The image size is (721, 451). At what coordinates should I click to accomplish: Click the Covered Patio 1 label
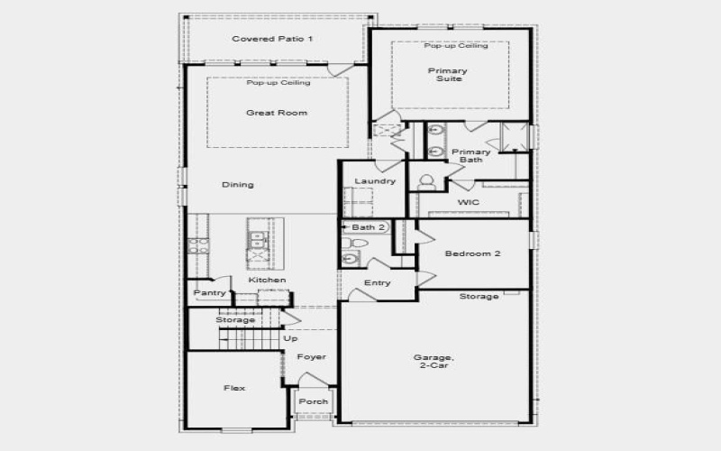coord(272,39)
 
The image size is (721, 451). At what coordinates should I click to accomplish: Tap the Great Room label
coord(277,113)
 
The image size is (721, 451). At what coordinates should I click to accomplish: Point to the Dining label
coord(238,185)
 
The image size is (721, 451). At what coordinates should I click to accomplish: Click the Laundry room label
coord(375,181)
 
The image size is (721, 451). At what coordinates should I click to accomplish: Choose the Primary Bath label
coord(470,156)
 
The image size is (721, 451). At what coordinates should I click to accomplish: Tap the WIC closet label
coord(468,203)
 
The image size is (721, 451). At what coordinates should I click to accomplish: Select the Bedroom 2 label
coord(474,253)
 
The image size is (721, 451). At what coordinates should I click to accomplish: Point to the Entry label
coord(377,283)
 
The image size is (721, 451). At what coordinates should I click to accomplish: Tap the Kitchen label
coord(268,281)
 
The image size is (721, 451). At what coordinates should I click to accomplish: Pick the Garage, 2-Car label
coord(431,361)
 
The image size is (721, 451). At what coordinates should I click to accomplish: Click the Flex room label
coord(234,388)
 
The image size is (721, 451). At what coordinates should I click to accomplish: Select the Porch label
coord(314,401)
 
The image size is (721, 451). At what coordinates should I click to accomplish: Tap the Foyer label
coord(312,357)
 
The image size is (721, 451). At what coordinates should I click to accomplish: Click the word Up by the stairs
coord(290,338)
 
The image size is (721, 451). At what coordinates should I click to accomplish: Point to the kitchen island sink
coord(257,240)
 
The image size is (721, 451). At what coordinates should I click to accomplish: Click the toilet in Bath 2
coord(358,244)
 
